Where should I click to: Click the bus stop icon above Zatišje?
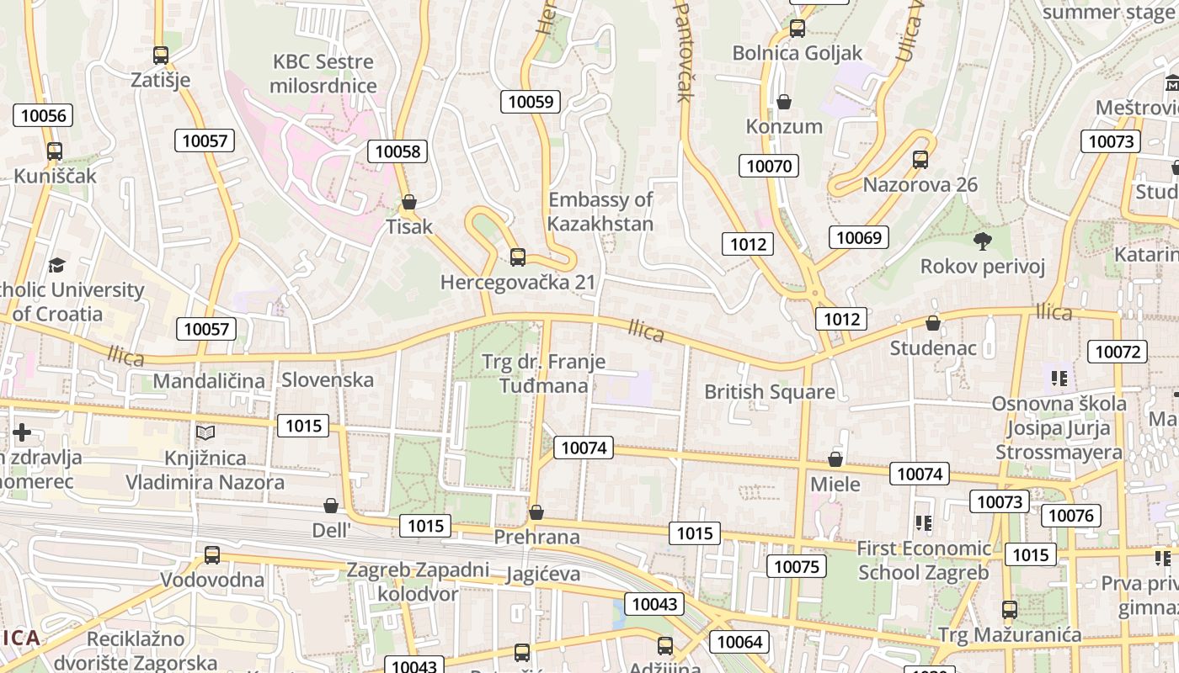161,56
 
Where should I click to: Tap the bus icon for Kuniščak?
55,151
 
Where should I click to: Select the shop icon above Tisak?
409,202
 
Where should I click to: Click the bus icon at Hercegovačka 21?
518,257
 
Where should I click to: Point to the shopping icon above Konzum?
784,102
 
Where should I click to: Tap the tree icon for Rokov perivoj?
982,242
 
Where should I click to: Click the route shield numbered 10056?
43,115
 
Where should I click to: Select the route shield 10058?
397,151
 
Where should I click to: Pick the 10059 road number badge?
531,102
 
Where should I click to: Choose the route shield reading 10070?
769,166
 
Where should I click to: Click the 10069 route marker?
859,237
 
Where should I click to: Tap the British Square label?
770,391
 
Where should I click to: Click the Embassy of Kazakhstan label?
600,211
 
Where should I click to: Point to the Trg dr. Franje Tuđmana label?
544,374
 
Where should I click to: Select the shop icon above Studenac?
933,323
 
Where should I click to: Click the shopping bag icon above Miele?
835,459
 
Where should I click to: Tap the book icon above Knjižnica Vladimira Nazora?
205,432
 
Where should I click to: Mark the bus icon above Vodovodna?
212,555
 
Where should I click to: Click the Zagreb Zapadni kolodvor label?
418,581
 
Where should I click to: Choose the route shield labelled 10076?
1071,515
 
